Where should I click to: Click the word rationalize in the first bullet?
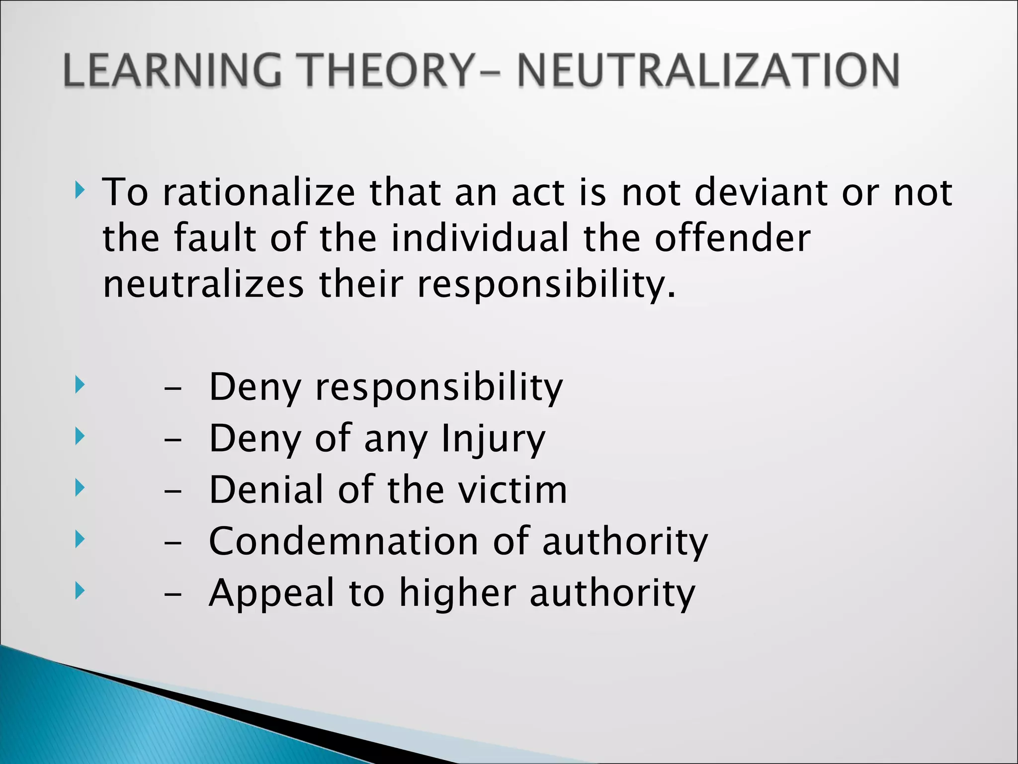click(259, 192)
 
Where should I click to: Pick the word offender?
click(733, 238)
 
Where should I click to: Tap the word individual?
click(480, 238)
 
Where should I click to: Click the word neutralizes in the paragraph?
click(203, 284)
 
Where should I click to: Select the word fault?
click(215, 238)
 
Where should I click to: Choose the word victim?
click(512, 490)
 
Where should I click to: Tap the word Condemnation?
click(343, 541)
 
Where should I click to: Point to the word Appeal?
click(271, 593)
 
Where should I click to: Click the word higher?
click(458, 593)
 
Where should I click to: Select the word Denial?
click(266, 490)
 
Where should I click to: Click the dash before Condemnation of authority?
click(172, 543)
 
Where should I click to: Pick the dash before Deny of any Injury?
click(172, 440)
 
